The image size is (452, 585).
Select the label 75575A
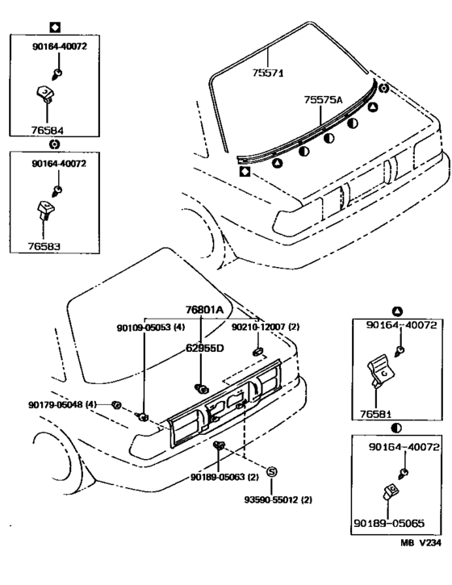click(324, 100)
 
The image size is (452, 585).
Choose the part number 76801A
click(203, 308)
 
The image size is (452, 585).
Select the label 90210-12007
click(266, 328)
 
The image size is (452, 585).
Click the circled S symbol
click(272, 471)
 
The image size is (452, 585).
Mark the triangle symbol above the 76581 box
click(396, 311)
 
